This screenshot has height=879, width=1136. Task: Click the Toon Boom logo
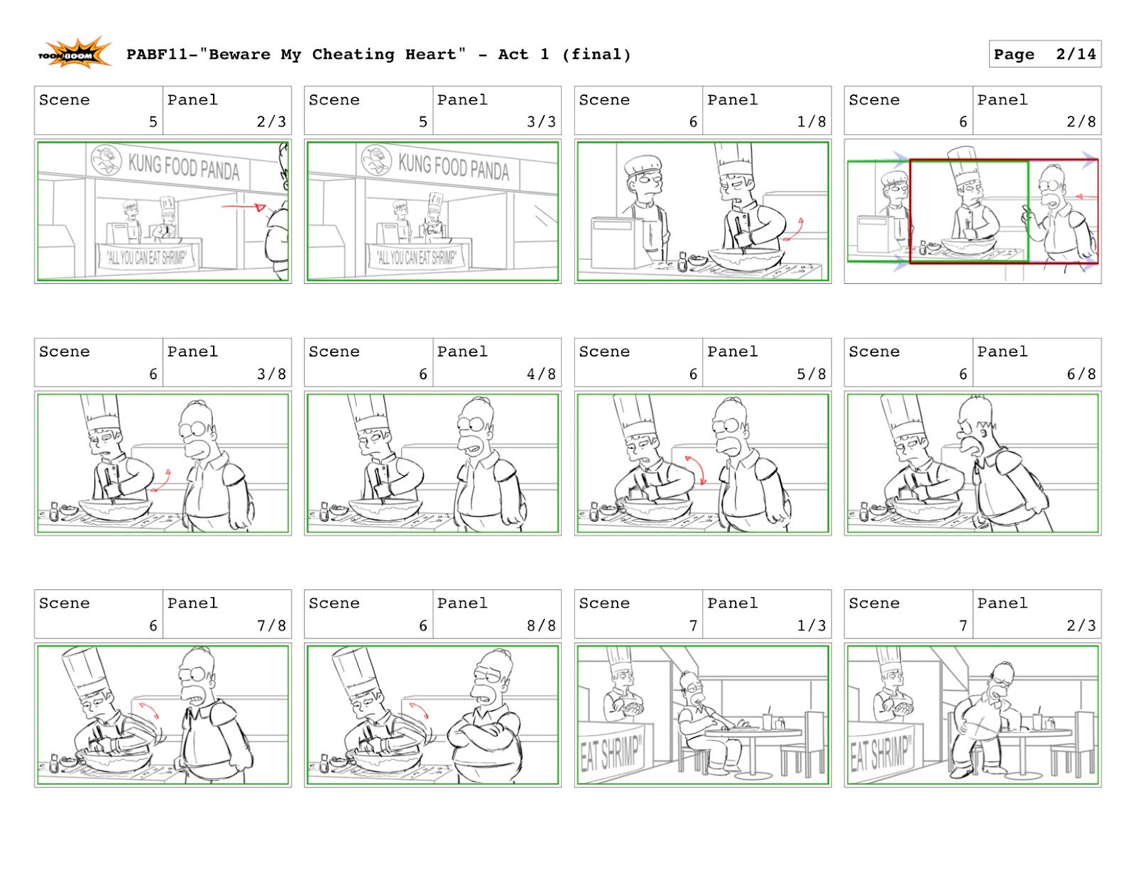click(x=75, y=54)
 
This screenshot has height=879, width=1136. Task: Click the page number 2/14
click(x=1076, y=54)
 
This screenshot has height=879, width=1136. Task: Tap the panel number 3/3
click(x=541, y=121)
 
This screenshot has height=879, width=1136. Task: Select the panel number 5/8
click(x=811, y=373)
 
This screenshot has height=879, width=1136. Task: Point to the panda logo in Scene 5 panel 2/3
click(x=106, y=159)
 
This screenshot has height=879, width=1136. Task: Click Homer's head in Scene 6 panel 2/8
click(x=1052, y=187)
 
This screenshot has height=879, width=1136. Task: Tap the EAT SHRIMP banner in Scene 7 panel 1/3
click(x=611, y=751)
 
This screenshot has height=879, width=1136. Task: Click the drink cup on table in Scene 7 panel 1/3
click(x=767, y=720)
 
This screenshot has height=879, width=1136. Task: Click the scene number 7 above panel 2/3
click(x=963, y=625)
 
